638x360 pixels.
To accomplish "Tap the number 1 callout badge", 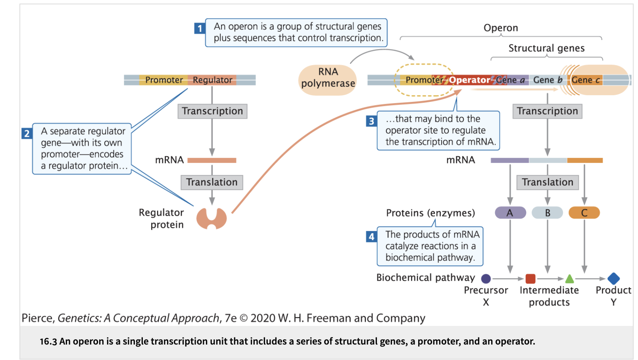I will pos(200,28).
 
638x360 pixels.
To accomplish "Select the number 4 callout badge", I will pos(371,237).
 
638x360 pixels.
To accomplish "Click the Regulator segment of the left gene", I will pos(212,80).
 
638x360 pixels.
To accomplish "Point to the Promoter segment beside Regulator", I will pos(163,80).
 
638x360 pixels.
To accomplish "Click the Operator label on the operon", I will pos(469,80).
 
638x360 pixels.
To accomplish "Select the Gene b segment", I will pos(548,80).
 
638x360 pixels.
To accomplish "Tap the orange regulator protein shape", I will pos(211,218).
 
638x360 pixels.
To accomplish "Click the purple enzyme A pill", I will pos(510,213).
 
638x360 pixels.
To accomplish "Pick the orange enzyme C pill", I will pos(584,213).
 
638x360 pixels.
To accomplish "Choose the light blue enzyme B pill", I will pos(547,213).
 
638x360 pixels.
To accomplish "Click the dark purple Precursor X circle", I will pos(486,279).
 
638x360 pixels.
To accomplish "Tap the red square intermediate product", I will pos(530,279).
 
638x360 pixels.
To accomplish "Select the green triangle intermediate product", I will pos(570,279).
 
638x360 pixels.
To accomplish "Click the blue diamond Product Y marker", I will pos(613,278).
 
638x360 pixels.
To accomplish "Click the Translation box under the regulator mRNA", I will pos(212,182).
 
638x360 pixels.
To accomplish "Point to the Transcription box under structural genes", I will pos(547,111).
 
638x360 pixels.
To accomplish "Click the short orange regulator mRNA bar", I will pos(212,161).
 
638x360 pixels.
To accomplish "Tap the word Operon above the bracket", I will pos(501,28).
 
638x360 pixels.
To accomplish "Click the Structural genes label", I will pos(546,48).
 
